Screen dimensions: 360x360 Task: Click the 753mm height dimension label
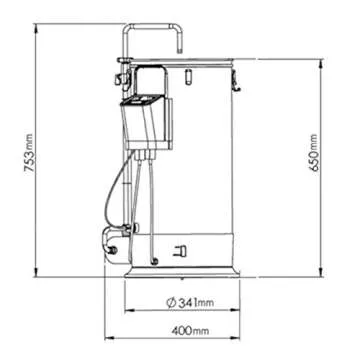tap(30, 154)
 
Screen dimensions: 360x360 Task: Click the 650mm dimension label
tap(314, 153)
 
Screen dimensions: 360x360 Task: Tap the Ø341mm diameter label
tap(190, 303)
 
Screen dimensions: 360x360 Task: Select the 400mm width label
tap(190, 331)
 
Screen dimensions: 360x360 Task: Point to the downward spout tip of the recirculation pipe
tap(179, 51)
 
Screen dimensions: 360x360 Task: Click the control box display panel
tap(143, 99)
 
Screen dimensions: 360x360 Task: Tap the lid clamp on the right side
tap(236, 81)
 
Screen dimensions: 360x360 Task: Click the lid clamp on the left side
tap(121, 79)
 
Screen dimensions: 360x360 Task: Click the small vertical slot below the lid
tap(188, 76)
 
